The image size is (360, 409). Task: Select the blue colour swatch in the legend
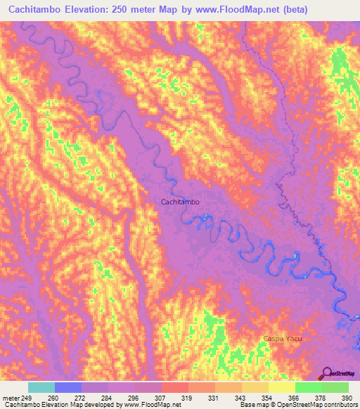coord(68,387)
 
